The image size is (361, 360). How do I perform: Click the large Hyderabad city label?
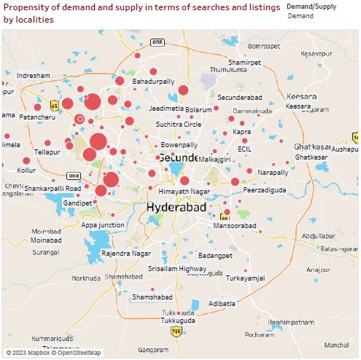(177, 207)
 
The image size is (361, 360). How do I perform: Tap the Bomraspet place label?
(264, 46)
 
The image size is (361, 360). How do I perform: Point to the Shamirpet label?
(244, 62)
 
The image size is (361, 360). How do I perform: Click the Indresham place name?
(34, 76)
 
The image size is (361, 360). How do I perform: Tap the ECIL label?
(244, 148)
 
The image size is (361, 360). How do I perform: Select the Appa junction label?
(103, 225)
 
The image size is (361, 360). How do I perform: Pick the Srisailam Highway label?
(178, 268)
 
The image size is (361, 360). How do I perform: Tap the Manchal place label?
(336, 345)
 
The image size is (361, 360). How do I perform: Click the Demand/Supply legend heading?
(311, 6)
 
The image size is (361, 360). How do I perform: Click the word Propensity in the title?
(25, 7)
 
